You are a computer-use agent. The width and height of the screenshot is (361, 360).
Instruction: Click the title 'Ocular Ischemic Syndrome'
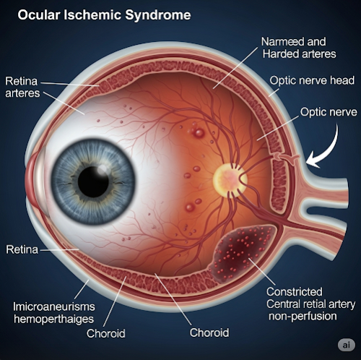tap(104, 15)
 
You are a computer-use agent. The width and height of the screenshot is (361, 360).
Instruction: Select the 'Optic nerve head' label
tap(312, 80)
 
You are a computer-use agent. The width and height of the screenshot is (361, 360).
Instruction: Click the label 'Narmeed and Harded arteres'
tap(299, 48)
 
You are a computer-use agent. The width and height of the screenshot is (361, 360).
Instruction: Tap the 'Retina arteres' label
tap(22, 87)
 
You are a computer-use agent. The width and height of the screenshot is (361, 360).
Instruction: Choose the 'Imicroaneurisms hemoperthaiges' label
tap(54, 313)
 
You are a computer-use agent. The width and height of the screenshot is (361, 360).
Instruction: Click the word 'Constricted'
tap(295, 292)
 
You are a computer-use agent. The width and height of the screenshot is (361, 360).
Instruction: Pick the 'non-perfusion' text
tap(303, 316)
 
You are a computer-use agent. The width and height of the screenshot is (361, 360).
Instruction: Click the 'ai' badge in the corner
tap(347, 345)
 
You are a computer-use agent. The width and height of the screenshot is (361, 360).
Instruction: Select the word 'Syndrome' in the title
tap(158, 15)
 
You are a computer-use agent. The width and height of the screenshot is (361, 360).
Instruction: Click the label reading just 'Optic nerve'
tap(329, 112)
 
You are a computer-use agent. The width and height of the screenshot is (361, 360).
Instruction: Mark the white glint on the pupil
tap(103, 170)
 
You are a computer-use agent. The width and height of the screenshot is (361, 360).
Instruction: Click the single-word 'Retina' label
tap(22, 249)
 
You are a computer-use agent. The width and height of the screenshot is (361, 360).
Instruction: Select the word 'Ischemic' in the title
tap(92, 15)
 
